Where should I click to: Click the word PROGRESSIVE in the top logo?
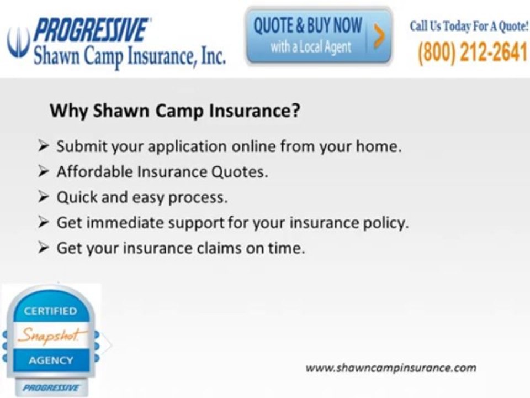91,30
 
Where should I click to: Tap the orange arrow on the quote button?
379,36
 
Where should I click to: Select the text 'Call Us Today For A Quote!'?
469,26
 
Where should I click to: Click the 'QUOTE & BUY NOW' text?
308,25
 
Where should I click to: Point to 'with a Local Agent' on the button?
311,47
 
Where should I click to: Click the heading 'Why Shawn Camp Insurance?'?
175,111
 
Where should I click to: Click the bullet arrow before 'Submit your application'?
44,146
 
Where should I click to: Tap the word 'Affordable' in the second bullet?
96,171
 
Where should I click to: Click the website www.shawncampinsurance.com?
391,368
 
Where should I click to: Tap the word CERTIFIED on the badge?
50,311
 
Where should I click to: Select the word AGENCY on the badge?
51,360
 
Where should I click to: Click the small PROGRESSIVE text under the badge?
51,388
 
